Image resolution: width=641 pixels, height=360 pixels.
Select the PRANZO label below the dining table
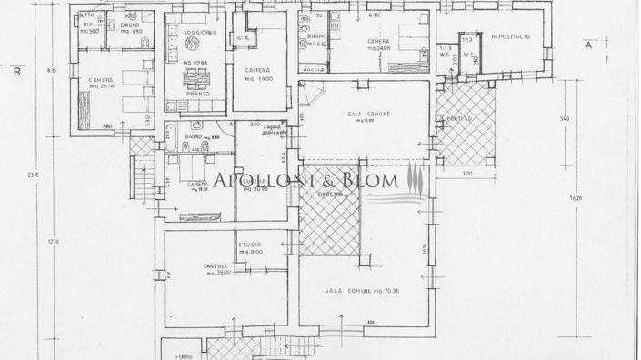click(x=198, y=93)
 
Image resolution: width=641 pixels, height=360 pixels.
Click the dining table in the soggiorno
click(x=197, y=75)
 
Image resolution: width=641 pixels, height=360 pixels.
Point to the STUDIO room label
click(x=250, y=245)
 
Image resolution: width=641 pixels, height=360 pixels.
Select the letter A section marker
click(x=589, y=44)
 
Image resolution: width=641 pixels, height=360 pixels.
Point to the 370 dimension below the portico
click(x=467, y=173)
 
